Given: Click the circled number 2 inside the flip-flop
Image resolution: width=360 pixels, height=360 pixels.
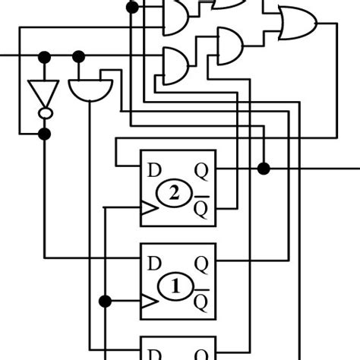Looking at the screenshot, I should (174, 194).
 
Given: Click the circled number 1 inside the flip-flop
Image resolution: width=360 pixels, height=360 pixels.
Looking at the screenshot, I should (174, 287).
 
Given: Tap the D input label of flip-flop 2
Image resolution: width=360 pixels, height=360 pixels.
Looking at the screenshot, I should (154, 169).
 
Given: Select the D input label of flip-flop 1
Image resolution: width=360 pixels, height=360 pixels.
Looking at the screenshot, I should (154, 263).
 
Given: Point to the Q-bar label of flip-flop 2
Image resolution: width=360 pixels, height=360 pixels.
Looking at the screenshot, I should (201, 206).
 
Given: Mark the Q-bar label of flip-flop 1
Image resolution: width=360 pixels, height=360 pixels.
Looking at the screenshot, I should (201, 301).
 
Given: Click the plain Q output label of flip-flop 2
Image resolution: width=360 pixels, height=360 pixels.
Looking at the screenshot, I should (202, 169).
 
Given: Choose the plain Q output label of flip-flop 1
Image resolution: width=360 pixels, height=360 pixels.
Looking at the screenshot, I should (202, 263).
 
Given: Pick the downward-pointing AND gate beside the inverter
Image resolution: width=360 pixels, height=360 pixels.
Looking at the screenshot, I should (90, 89).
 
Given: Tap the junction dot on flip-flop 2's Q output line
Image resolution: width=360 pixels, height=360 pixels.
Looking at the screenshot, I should (264, 168).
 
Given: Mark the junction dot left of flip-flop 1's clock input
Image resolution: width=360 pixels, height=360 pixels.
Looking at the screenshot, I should (106, 302).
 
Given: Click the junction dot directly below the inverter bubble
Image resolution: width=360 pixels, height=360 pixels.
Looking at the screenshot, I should (45, 134).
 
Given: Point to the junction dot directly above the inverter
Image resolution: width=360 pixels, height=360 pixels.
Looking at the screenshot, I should (45, 56).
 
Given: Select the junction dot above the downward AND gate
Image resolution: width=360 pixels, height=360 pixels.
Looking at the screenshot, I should (78, 56).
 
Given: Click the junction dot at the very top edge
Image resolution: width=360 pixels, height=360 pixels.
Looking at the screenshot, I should (132, 8).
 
